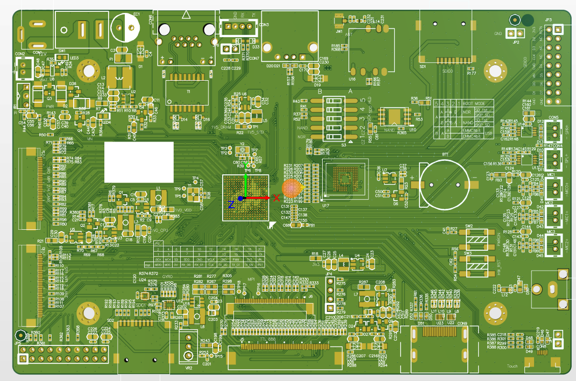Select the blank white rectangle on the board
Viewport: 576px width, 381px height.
pos(139,162)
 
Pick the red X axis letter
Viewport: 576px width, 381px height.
pos(276,198)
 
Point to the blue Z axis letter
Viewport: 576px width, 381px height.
pos(231,204)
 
